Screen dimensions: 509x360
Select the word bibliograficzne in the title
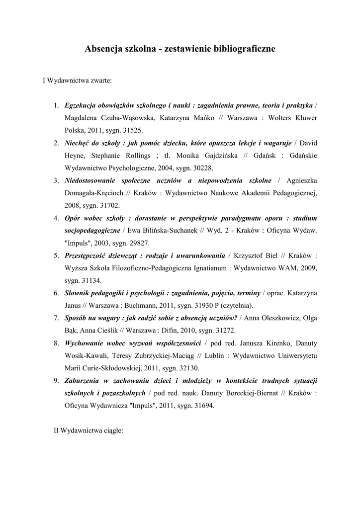244,49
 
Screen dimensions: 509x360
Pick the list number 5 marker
57,255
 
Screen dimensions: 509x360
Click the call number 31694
204,406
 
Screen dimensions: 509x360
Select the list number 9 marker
57,381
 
